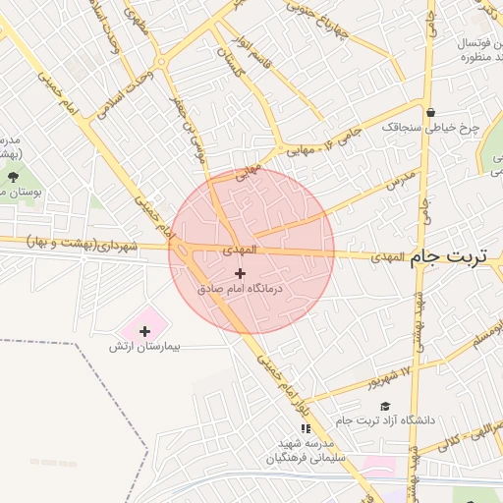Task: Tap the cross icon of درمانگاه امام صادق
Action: pyautogui.click(x=241, y=272)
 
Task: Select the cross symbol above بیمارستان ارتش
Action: pyautogui.click(x=145, y=331)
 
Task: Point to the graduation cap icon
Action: pyautogui.click(x=385, y=406)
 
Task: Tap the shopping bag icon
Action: pyautogui.click(x=431, y=112)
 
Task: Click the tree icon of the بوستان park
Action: pyautogui.click(x=13, y=176)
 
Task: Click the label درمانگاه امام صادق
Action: pyautogui.click(x=241, y=290)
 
